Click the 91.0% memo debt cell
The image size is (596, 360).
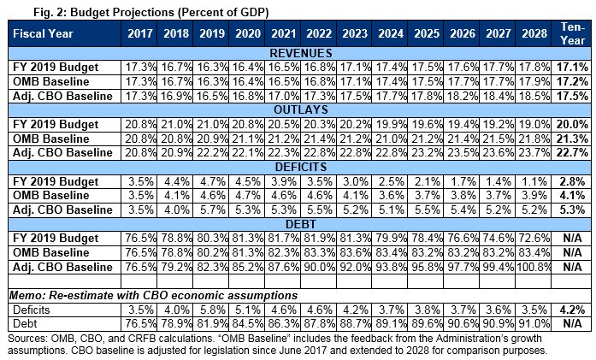pyautogui.click(x=536, y=325)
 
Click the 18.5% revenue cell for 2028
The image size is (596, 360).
pyautogui.click(x=536, y=96)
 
